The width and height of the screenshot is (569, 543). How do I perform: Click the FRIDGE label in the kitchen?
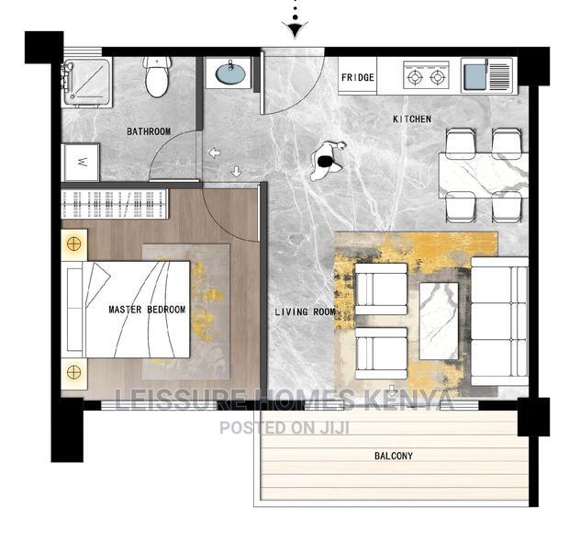(x=358, y=78)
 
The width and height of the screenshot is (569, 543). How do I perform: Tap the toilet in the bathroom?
(x=157, y=77)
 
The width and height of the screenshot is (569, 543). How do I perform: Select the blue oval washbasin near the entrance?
(x=229, y=74)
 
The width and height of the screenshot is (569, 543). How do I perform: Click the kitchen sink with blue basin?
(x=475, y=75)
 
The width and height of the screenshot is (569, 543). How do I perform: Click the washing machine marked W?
(x=83, y=163)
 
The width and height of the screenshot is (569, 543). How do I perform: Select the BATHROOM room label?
(x=149, y=131)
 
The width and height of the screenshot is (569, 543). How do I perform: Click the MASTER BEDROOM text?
(x=147, y=310)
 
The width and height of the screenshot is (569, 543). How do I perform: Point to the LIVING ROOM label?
(x=306, y=312)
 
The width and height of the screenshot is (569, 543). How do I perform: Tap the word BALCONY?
(x=393, y=456)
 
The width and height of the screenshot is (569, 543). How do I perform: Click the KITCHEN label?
(x=411, y=119)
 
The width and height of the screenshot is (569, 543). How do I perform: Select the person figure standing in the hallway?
(x=327, y=160)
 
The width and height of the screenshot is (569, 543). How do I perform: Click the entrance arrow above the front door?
(x=294, y=29)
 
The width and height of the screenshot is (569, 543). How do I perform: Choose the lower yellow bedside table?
(x=73, y=372)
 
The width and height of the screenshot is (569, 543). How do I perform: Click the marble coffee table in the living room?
(x=439, y=321)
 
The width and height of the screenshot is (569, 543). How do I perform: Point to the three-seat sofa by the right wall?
(x=499, y=322)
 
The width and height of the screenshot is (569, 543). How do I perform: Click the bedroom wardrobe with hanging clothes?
(x=113, y=203)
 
